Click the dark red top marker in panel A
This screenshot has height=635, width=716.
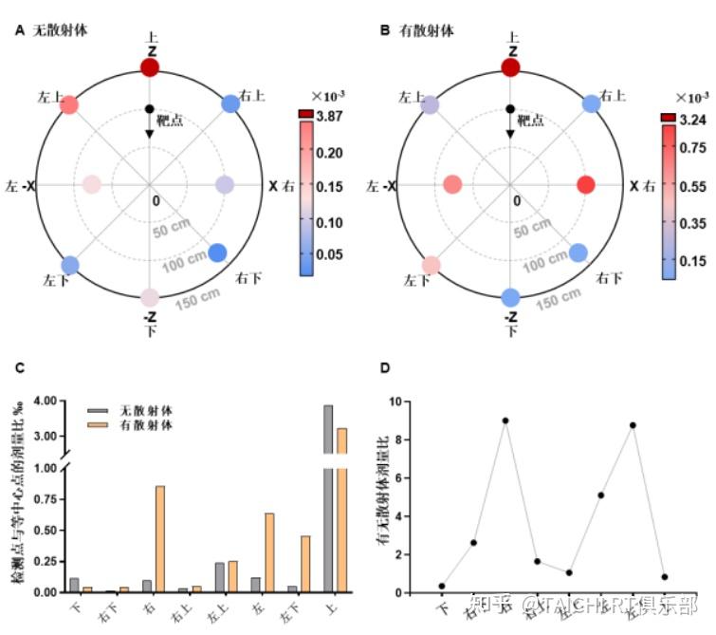(x=150, y=66)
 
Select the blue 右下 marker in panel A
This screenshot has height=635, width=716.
(x=218, y=252)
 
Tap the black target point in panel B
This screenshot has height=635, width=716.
(x=510, y=109)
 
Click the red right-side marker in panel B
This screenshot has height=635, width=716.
(x=585, y=185)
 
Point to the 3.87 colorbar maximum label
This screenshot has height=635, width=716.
(x=329, y=116)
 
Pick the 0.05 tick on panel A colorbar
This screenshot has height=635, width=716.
(x=329, y=255)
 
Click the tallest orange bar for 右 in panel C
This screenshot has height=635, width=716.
(x=160, y=538)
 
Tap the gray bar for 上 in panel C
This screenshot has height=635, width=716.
(x=328, y=498)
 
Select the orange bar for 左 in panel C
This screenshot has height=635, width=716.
(x=269, y=552)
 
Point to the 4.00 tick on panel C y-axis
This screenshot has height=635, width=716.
(x=46, y=401)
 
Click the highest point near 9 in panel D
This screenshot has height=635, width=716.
(x=506, y=420)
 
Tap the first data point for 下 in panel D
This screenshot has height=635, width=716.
(x=442, y=586)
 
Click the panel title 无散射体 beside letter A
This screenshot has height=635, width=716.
(x=58, y=29)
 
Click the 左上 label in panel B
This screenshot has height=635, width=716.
(x=411, y=97)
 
